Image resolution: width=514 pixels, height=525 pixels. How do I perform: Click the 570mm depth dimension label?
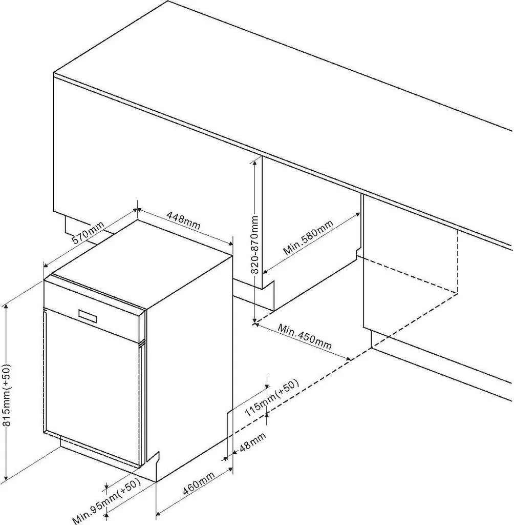coord(88,232)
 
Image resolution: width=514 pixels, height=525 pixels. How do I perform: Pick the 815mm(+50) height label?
coord(7,395)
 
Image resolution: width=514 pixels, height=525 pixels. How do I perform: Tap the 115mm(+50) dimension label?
coord(271,398)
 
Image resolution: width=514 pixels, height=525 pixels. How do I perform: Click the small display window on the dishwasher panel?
coord(88,316)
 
